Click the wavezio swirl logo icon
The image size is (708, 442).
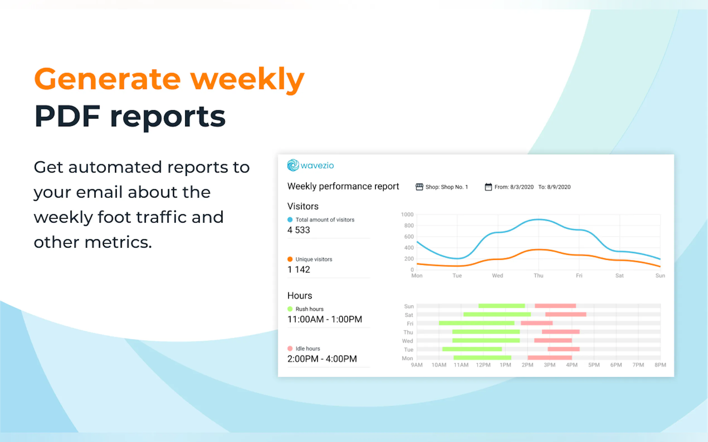(293, 165)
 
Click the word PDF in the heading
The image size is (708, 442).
(67, 116)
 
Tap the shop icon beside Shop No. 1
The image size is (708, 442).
(419, 187)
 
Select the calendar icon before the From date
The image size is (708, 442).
(488, 187)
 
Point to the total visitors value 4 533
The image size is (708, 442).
(299, 230)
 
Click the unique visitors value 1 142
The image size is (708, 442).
(299, 269)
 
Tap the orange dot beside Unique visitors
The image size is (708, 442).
(290, 259)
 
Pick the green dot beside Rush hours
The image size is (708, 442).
(290, 309)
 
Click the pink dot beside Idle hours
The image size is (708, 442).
(290, 348)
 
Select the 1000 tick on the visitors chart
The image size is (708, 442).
(407, 215)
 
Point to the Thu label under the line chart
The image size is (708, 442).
(538, 276)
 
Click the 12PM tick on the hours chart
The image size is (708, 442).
(483, 365)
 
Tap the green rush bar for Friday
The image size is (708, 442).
(476, 323)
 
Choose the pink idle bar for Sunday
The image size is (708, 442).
(555, 306)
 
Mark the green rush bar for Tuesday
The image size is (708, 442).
(472, 349)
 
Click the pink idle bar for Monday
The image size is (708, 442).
(550, 358)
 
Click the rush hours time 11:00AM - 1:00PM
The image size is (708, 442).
(324, 319)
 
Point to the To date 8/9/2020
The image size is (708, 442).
(558, 187)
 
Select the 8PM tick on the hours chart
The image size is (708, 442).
(660, 365)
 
